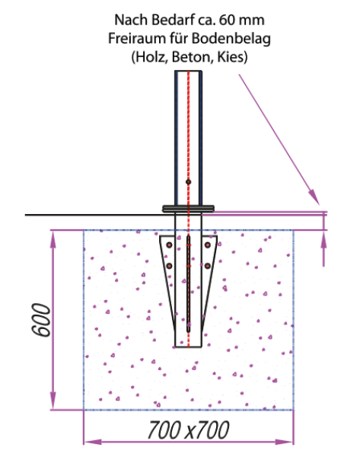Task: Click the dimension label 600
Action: (x=41, y=320)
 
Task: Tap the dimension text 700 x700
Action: (x=189, y=430)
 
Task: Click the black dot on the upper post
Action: (x=189, y=182)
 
